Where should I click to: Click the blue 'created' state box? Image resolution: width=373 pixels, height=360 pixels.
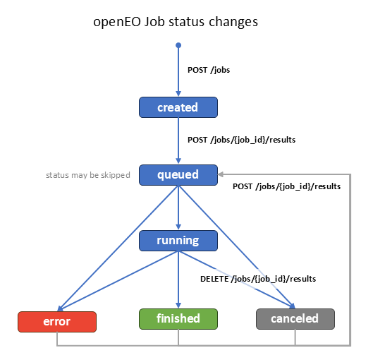click(x=178, y=107)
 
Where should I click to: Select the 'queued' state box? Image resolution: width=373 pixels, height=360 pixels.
click(x=178, y=174)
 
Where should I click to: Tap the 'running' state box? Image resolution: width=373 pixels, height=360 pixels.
click(x=178, y=241)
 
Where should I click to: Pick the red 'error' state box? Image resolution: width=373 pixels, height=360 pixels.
click(x=56, y=321)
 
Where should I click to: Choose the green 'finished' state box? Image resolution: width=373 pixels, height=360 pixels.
click(x=178, y=319)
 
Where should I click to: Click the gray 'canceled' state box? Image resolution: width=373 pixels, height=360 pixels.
click(x=295, y=319)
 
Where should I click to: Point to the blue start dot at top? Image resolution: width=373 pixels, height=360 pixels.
click(x=178, y=45)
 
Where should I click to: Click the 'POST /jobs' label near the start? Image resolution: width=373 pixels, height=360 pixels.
click(x=209, y=71)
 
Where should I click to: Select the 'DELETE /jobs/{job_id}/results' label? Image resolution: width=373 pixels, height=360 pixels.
click(x=258, y=279)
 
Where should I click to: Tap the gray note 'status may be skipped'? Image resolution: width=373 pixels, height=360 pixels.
click(x=88, y=174)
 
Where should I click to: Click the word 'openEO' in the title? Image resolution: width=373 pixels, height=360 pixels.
click(x=117, y=22)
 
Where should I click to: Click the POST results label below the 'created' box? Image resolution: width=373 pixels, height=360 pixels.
click(x=241, y=140)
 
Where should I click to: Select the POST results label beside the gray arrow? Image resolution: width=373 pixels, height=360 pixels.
click(x=286, y=187)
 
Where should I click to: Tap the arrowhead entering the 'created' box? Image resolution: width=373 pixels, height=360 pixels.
click(x=178, y=94)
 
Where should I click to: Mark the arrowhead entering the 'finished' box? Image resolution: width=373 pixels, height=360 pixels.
click(x=178, y=306)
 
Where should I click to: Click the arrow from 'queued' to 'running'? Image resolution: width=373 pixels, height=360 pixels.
click(x=178, y=208)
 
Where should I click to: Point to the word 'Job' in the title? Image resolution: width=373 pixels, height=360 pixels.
click(x=157, y=22)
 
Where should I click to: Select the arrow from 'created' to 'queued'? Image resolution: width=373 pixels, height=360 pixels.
click(x=178, y=141)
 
